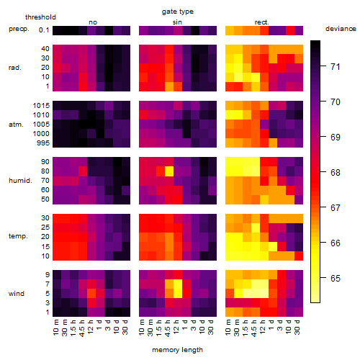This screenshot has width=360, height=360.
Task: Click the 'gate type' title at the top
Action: [178, 12]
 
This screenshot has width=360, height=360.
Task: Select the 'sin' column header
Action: [177, 22]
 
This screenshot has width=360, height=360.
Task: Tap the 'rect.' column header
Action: [261, 22]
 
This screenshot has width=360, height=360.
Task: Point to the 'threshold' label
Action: [40, 17]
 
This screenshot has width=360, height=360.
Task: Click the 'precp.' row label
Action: [19, 29]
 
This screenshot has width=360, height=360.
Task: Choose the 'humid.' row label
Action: [20, 181]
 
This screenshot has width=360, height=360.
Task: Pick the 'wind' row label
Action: [17, 294]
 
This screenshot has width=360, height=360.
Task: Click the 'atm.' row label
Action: [16, 125]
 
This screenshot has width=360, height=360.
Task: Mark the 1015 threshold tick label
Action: [41, 106]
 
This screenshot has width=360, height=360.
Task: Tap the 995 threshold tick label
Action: [43, 143]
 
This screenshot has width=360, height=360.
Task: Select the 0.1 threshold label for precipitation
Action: [44, 30]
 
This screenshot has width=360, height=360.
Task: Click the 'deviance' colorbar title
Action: [341, 29]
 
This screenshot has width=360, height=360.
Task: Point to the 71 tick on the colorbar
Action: [336, 66]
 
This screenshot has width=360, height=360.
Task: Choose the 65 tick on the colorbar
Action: [336, 278]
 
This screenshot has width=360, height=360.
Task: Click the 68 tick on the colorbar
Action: [336, 172]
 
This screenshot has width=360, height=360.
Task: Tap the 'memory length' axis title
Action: [177, 350]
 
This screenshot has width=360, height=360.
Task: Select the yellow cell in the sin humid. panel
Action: [169, 171]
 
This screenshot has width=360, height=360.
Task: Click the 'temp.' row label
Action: [18, 236]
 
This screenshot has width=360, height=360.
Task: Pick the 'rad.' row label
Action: [15, 68]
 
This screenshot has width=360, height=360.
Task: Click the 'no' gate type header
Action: [93, 22]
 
